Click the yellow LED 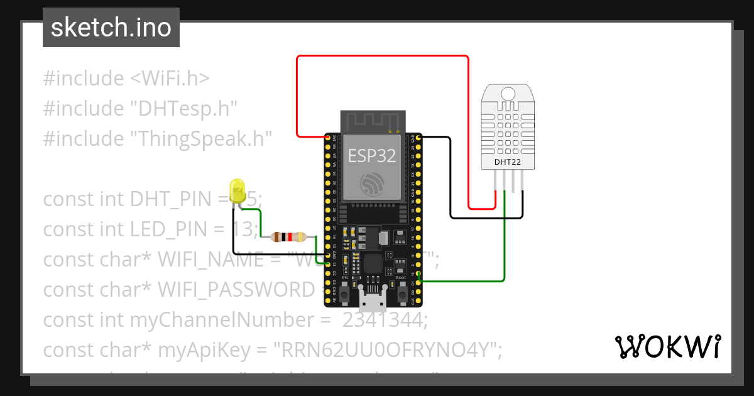click(x=238, y=190)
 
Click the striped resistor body click(x=287, y=237)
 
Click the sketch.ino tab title click(x=111, y=28)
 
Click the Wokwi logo click(x=667, y=346)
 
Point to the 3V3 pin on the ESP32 click(x=327, y=137)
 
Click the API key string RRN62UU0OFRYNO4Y click(x=384, y=350)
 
